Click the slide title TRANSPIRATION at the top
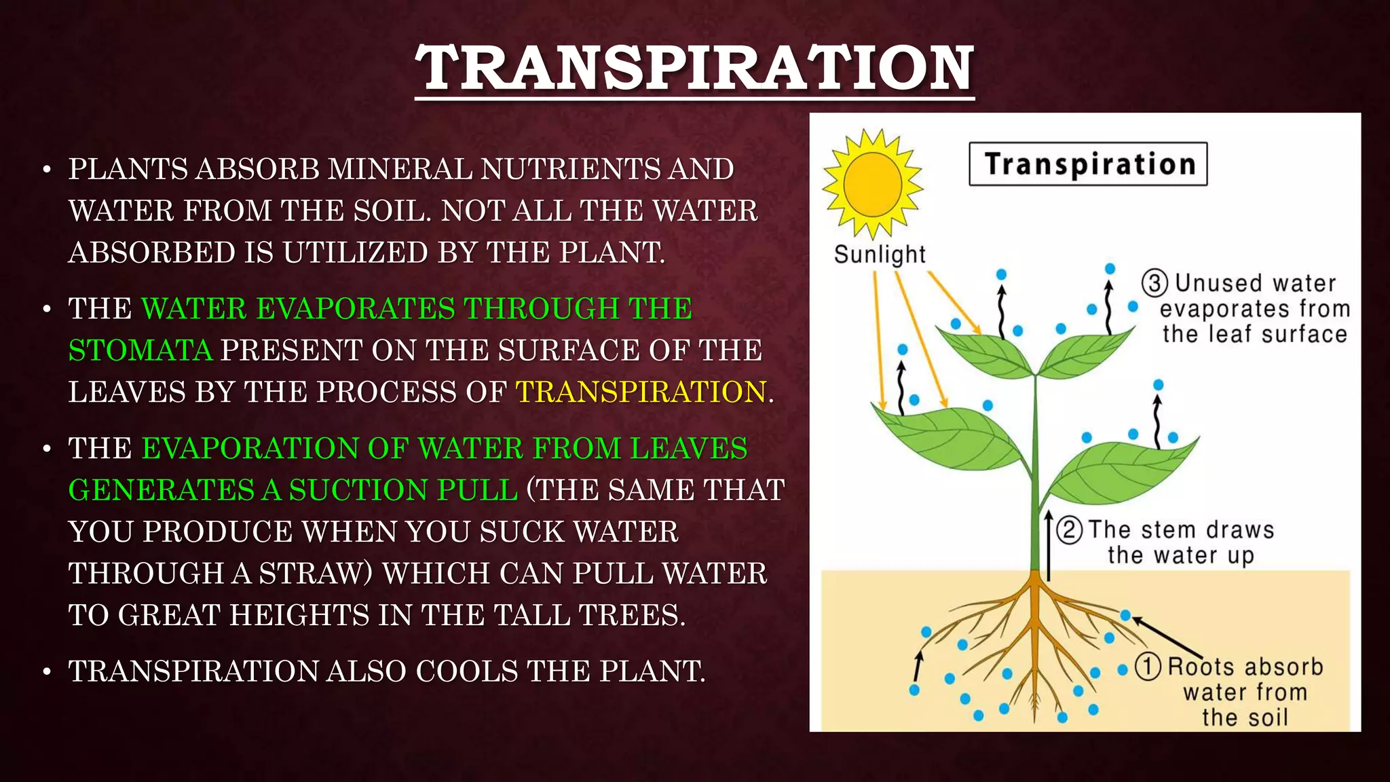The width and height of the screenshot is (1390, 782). tap(694, 68)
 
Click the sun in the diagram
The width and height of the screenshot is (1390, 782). tap(872, 183)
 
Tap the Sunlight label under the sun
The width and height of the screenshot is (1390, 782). tap(880, 255)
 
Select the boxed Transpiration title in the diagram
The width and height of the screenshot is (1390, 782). tap(1088, 164)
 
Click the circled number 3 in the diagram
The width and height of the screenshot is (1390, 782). tap(1154, 282)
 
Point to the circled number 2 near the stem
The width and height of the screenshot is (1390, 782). tap(1070, 529)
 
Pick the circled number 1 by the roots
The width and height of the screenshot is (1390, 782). tap(1148, 667)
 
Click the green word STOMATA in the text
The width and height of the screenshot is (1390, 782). tap(140, 350)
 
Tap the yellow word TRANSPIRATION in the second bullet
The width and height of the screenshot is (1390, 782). tap(641, 392)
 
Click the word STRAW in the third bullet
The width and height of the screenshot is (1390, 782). tap(310, 574)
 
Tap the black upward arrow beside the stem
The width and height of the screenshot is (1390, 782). tap(1049, 546)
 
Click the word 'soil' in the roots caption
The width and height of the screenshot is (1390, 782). tap(1264, 718)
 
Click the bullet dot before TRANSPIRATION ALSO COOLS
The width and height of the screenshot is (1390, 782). tap(47, 672)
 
